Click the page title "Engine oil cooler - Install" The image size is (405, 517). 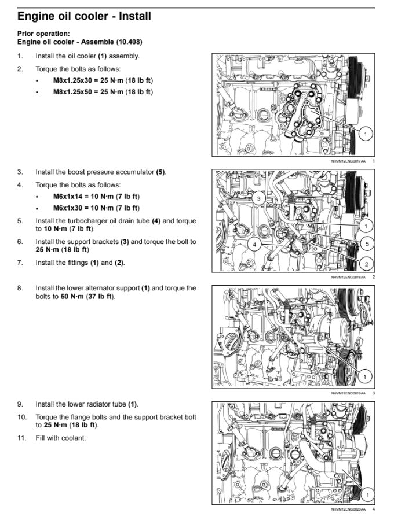click(84, 16)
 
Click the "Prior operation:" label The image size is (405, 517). click(43, 34)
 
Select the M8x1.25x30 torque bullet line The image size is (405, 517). click(103, 80)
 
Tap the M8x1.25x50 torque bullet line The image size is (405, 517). click(103, 92)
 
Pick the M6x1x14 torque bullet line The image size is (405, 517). click(96, 197)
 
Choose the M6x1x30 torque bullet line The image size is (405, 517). click(96, 208)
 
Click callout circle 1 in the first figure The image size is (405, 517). click(365, 134)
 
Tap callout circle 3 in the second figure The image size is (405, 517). click(258, 198)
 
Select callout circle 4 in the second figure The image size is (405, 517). click(254, 244)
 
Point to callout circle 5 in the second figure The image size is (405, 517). click(367, 244)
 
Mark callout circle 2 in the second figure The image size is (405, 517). click(366, 264)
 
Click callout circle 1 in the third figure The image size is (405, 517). click(364, 376)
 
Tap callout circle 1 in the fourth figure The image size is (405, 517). click(367, 494)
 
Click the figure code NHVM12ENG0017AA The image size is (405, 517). click(348, 161)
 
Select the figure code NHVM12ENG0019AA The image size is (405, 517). click(348, 393)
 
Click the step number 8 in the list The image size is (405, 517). click(20, 288)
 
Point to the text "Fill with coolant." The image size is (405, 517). click(61, 438)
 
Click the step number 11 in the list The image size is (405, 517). click(21, 438)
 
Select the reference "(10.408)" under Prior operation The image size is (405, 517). click(129, 42)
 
